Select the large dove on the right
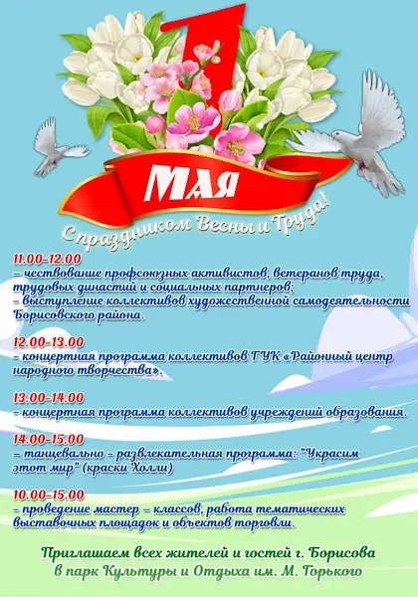358,133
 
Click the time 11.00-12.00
47,260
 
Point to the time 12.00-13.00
49,342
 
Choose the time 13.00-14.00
49,397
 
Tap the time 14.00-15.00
49,439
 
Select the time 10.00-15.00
49,495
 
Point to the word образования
364,412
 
